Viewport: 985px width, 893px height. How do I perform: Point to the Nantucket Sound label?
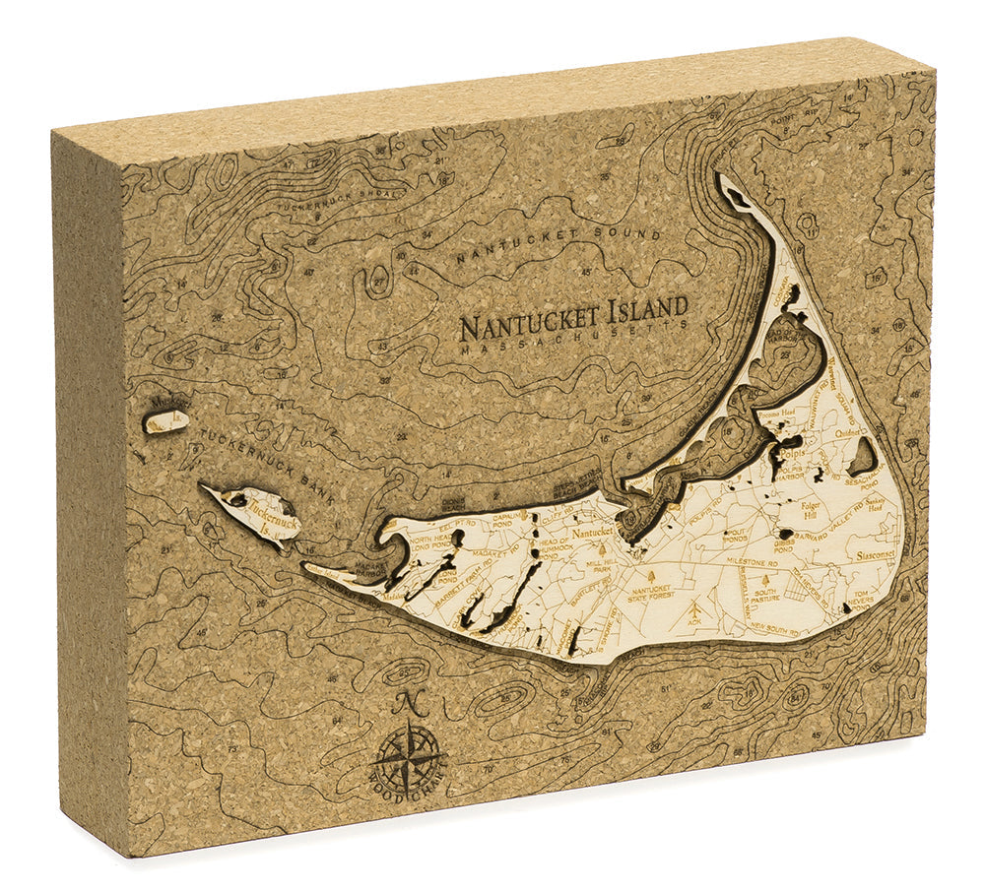coord(541,245)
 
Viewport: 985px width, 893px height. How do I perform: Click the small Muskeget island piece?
coord(165,421)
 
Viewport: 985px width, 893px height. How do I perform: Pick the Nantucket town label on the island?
coord(592,532)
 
